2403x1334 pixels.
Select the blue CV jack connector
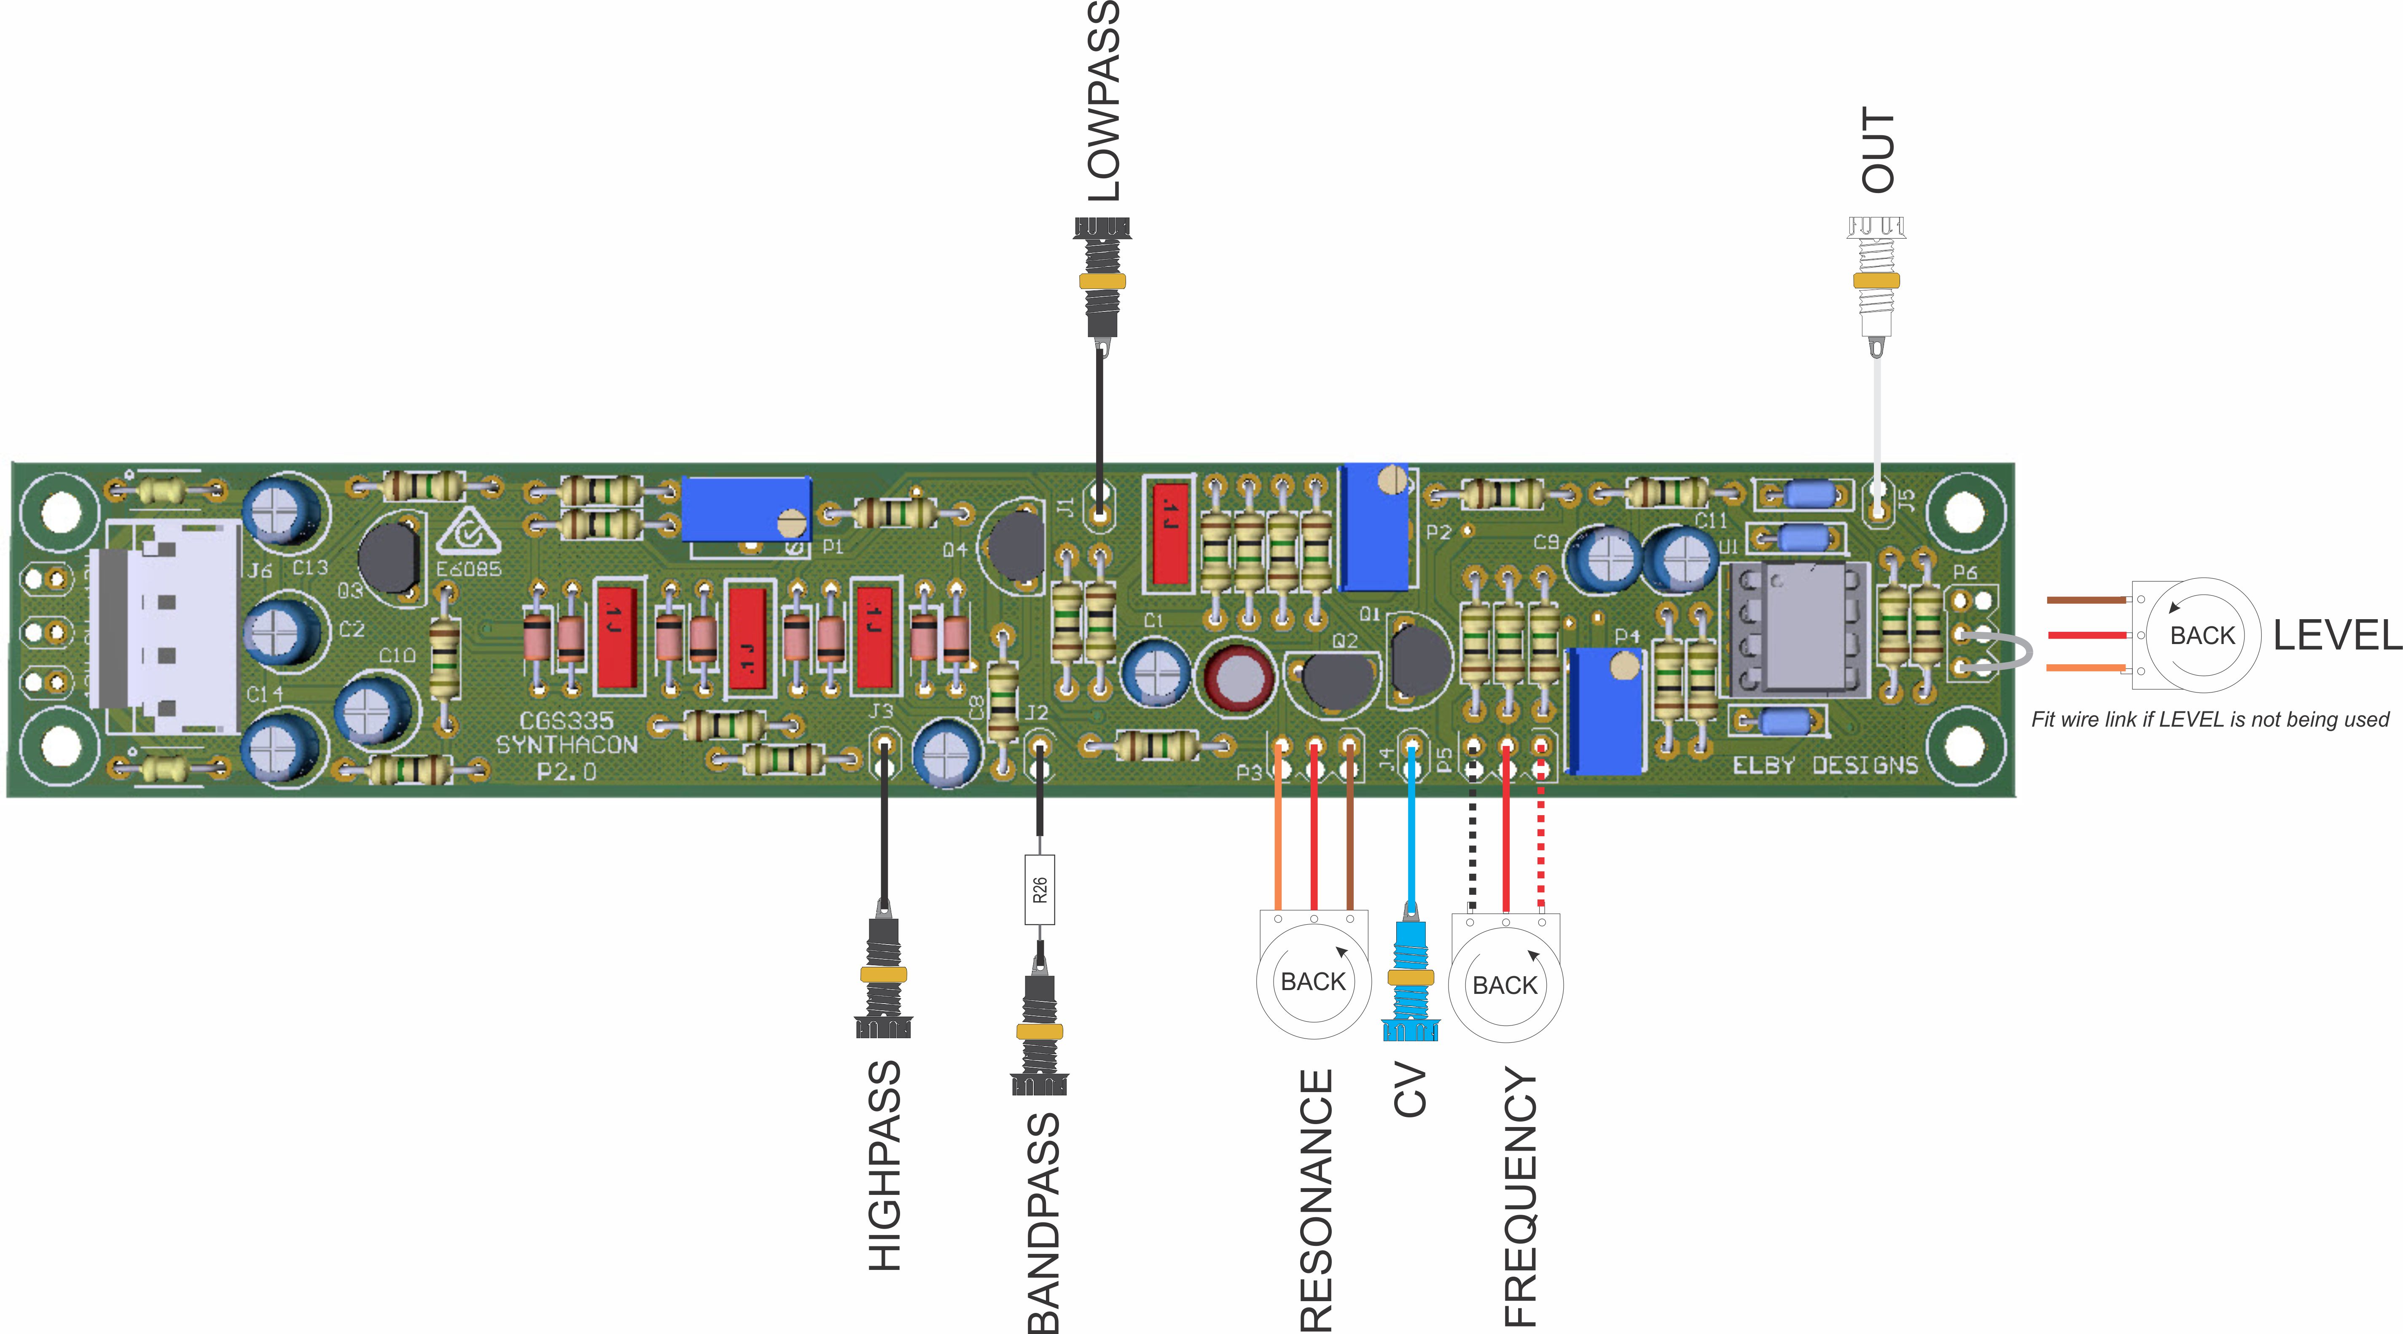[1409, 980]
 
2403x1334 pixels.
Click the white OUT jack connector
[1876, 280]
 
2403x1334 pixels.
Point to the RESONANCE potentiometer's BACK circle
[1314, 981]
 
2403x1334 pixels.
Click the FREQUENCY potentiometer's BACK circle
[1505, 985]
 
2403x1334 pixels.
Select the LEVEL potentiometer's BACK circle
[2202, 635]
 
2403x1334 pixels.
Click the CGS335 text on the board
[566, 720]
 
